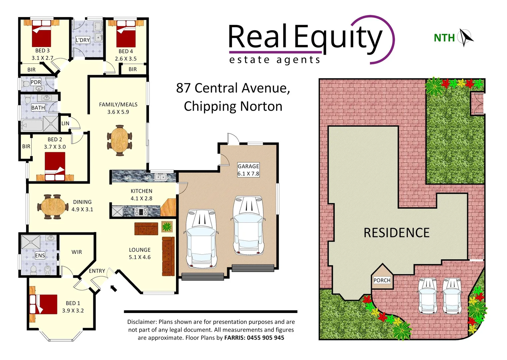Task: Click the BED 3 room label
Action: click(42, 51)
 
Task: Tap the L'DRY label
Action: click(83, 40)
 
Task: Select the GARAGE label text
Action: click(248, 166)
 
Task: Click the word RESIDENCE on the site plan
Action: click(396, 233)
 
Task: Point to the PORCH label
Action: click(382, 280)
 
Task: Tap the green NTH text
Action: click(444, 38)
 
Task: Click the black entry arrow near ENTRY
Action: click(114, 288)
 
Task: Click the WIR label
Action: click(77, 252)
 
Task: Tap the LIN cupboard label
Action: click(65, 123)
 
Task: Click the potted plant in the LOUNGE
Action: click(167, 227)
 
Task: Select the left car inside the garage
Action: click(201, 238)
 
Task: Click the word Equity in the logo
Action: click(338, 37)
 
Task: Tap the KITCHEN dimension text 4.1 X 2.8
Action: click(141, 198)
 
